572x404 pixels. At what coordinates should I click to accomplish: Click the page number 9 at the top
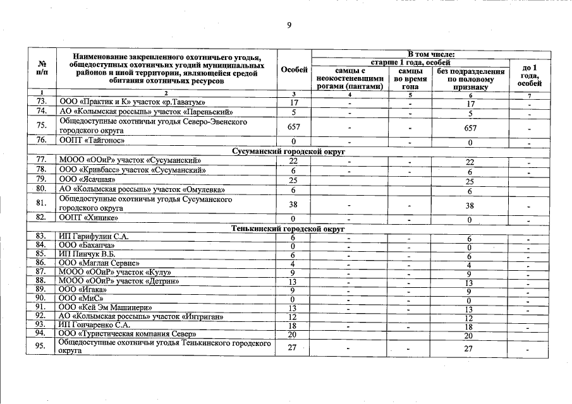[x=289, y=25]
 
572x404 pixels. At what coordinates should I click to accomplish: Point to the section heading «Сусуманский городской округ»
[x=291, y=152]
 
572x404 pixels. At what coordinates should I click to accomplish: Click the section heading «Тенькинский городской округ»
[x=291, y=228]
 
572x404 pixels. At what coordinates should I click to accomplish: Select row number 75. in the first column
[x=42, y=126]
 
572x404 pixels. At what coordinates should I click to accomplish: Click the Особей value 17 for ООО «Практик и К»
[x=294, y=102]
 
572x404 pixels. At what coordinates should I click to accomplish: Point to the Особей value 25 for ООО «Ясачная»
[x=294, y=180]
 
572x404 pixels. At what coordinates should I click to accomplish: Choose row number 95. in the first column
[x=42, y=348]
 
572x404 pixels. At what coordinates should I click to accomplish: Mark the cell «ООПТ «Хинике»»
[x=88, y=218]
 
